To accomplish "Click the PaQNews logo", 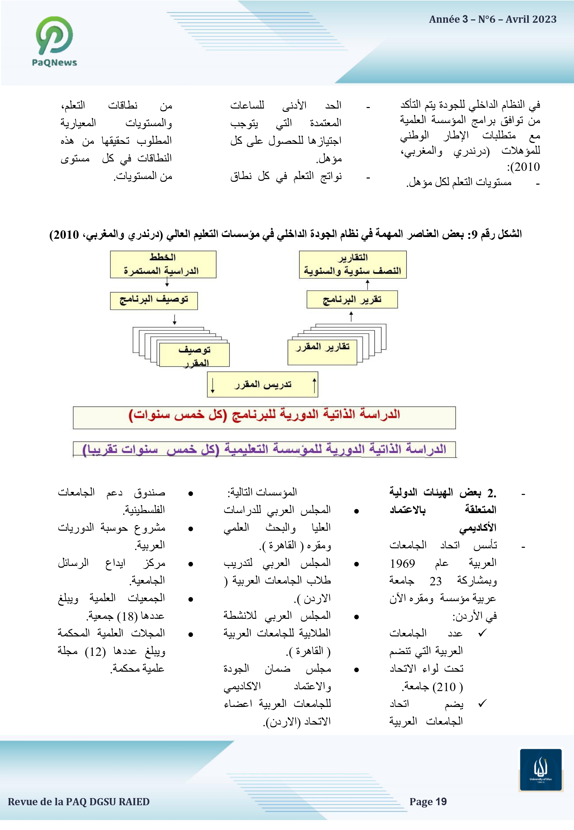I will pos(54,41).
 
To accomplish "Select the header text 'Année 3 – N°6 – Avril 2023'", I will pos(492,19).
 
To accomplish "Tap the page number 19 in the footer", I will pos(441,802).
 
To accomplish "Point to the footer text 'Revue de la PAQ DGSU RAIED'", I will pos(79,802).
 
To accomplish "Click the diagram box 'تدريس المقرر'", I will pos(263,384).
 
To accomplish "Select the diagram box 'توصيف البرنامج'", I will pos(154,301).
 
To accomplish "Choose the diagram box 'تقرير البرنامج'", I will pos(352,300).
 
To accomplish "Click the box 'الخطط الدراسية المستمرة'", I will pos(163,265).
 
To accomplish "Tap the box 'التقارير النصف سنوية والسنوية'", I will pos(353,265).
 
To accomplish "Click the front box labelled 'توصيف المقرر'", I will pos(194,355).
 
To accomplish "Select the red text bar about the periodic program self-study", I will pos(264,418).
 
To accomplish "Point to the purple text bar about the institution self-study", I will pos(264,449).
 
